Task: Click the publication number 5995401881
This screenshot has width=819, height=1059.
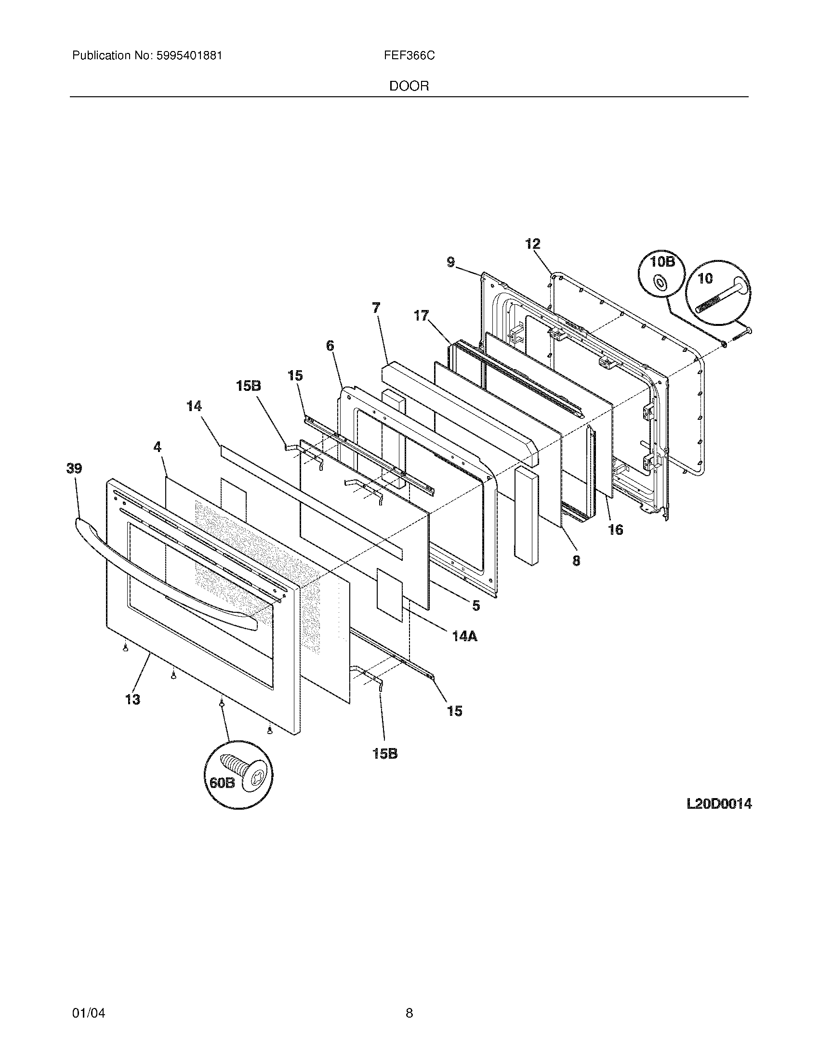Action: [x=190, y=56]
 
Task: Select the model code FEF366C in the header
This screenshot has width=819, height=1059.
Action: [x=409, y=56]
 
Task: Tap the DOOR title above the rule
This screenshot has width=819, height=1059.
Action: [x=409, y=86]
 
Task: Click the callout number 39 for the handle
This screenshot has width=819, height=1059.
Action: [x=75, y=468]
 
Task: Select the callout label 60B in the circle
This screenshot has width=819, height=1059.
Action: [x=222, y=797]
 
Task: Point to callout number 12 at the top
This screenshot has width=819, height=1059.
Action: [x=533, y=244]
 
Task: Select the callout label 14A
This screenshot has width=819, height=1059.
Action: [x=465, y=636]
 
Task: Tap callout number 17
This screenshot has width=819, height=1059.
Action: [x=421, y=316]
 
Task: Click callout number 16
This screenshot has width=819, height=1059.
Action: [x=615, y=529]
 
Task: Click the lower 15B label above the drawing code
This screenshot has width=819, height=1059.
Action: [x=385, y=753]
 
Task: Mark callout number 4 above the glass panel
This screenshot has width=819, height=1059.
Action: [x=157, y=447]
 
